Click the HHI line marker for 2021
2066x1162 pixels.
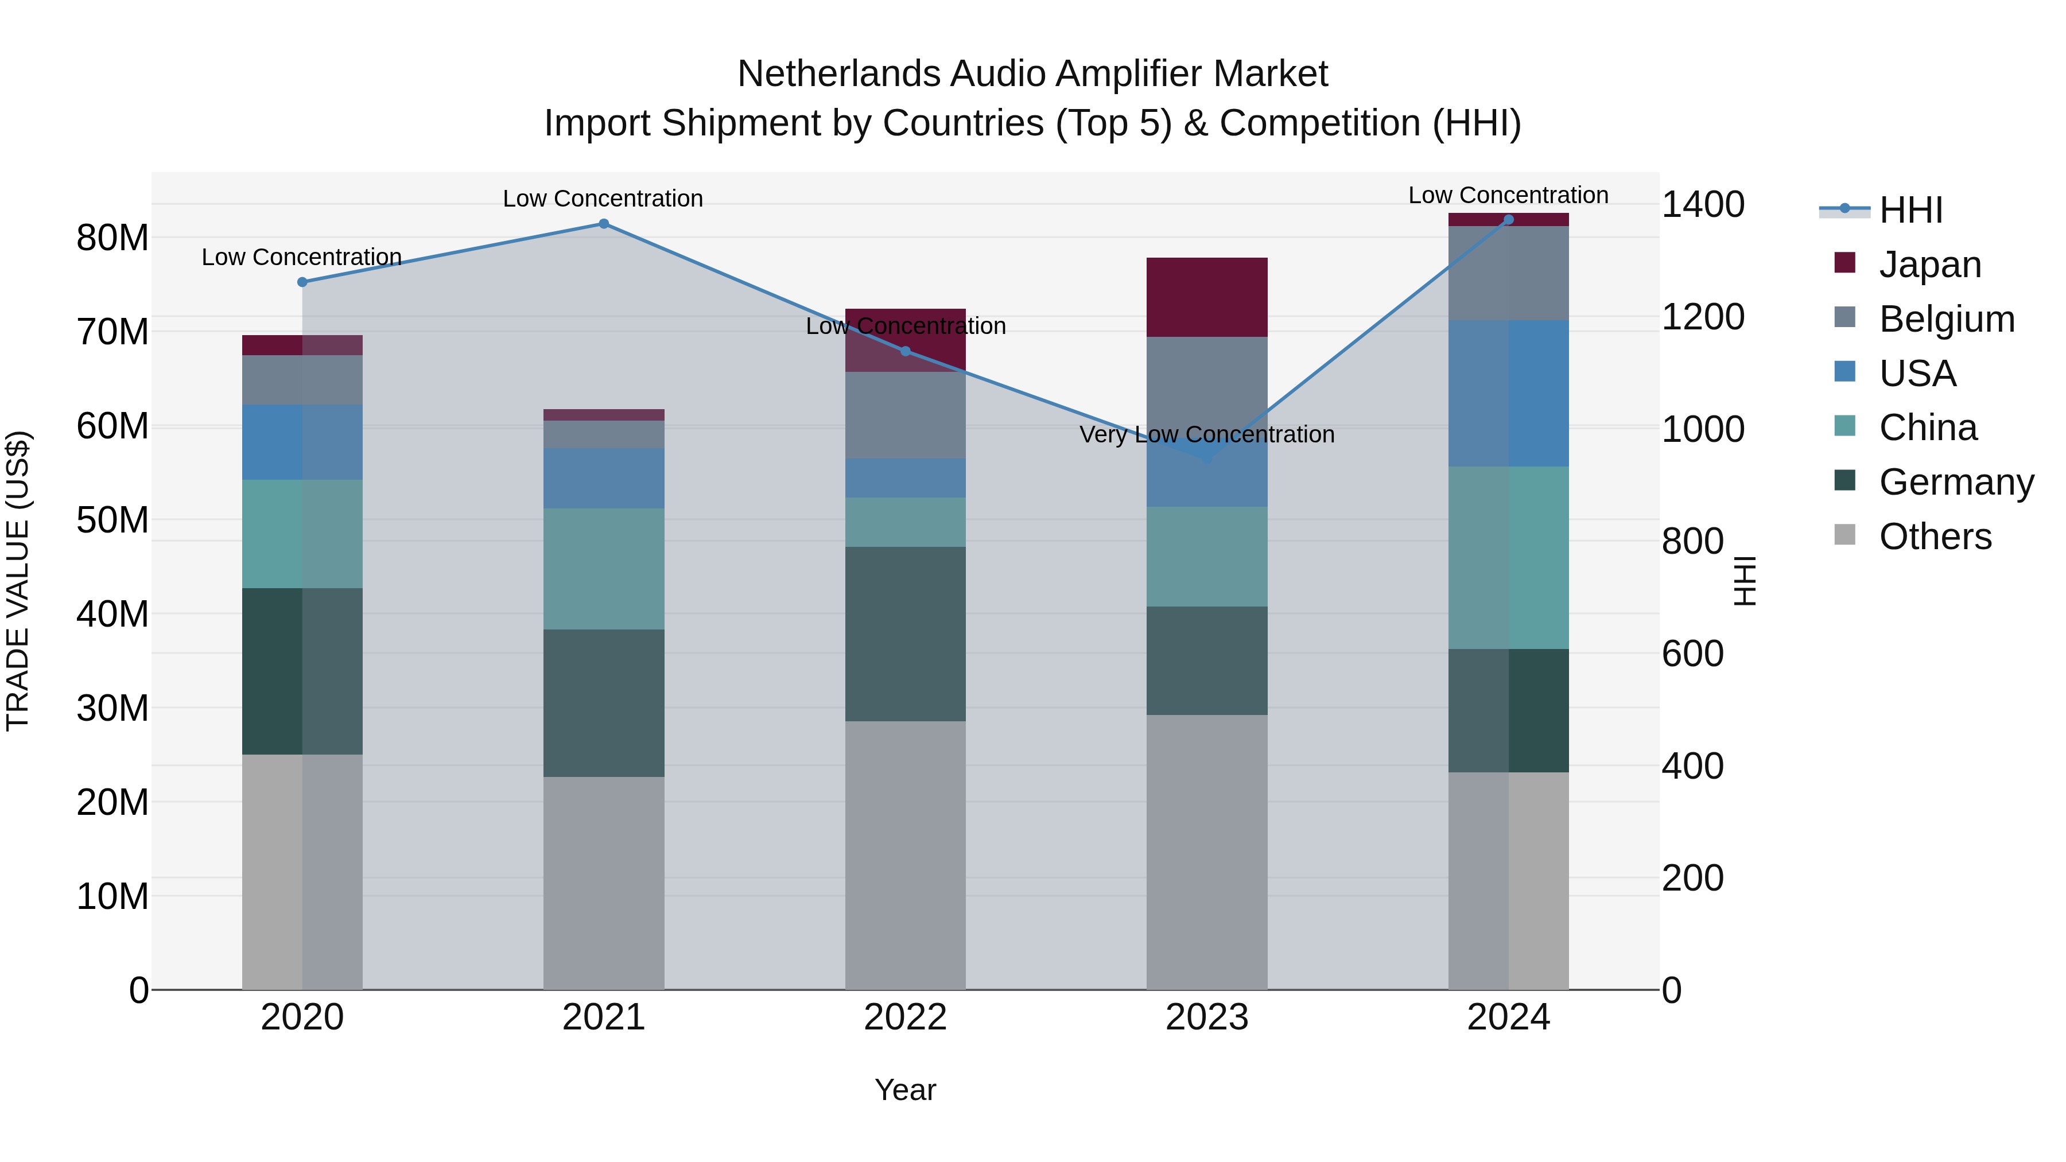(604, 224)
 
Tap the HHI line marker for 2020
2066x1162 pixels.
(302, 282)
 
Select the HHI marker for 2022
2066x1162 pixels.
(906, 351)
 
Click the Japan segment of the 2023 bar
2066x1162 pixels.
(1206, 297)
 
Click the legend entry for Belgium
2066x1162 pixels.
(1947, 319)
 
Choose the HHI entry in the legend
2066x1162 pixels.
(1910, 210)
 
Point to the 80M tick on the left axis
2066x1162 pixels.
(112, 238)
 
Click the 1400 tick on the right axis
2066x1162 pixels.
(1703, 204)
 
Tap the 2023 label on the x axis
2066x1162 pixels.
(1206, 1017)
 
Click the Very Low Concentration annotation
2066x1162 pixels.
(1206, 434)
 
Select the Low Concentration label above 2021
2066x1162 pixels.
(603, 199)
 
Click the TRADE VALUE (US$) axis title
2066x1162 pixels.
(18, 581)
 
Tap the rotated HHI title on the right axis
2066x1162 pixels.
(1745, 581)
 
